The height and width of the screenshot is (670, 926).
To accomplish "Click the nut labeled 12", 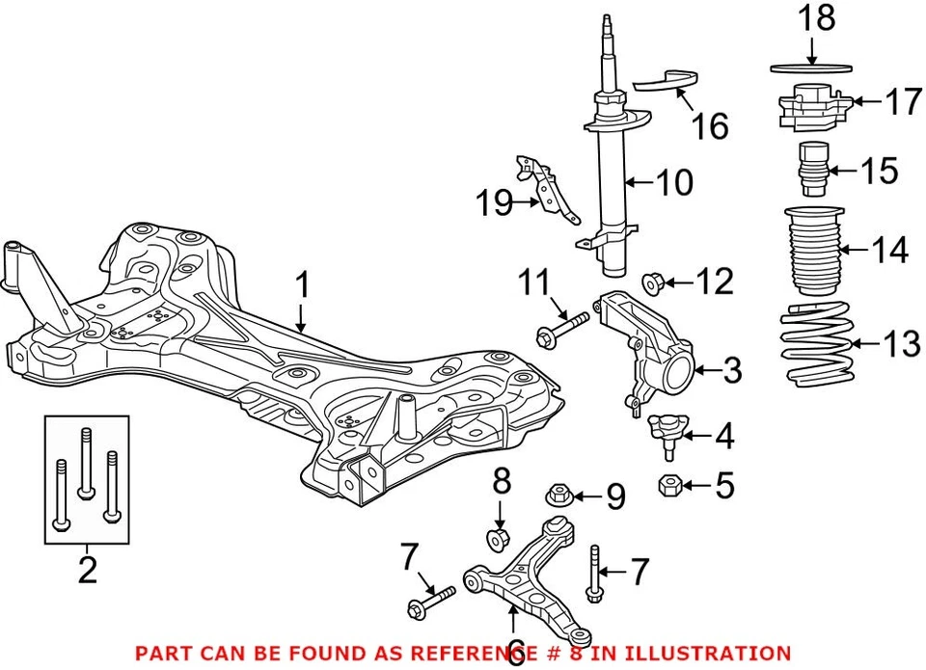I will pyautogui.click(x=653, y=283).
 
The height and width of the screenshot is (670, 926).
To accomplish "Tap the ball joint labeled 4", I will pyautogui.click(x=665, y=430).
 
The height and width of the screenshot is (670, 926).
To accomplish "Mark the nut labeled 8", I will pyautogui.click(x=498, y=537).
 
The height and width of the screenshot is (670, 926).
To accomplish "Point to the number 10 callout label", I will pyautogui.click(x=673, y=182).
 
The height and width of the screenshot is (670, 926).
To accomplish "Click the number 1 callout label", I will pyautogui.click(x=303, y=285).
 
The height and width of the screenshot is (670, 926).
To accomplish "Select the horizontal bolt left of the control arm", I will pyautogui.click(x=430, y=600).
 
